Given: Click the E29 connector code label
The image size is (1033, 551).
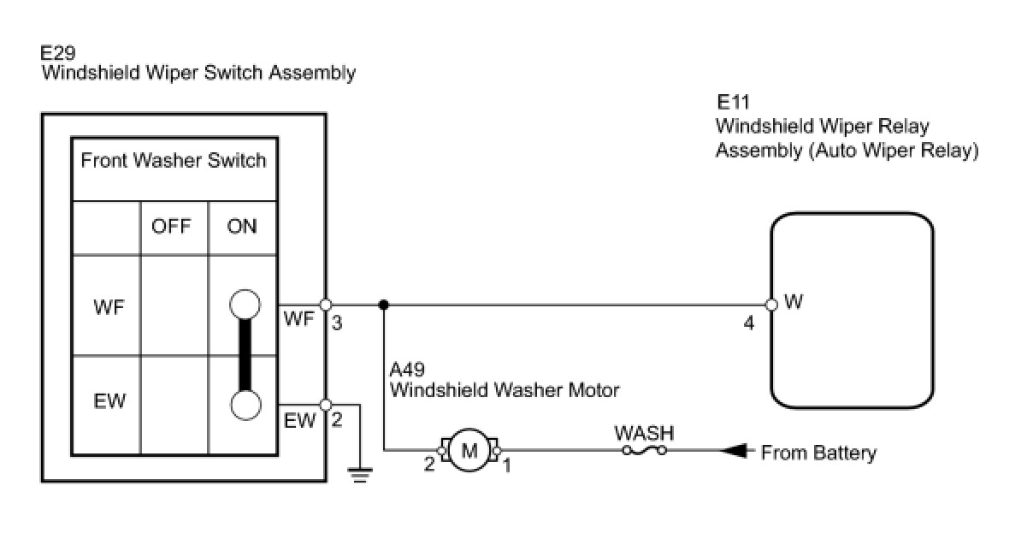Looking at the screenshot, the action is [57, 53].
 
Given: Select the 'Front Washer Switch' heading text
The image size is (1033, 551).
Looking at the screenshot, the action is [174, 161].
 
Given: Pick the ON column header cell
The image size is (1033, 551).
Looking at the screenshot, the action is [242, 227].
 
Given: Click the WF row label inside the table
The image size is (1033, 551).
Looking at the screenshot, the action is [109, 307].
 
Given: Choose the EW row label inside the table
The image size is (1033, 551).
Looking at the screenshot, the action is [109, 401].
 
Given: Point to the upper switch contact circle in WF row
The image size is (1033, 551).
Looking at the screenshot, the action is [245, 304].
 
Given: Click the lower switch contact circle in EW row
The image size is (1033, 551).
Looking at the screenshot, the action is [245, 406].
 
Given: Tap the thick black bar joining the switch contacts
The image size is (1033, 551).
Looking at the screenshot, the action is [245, 355].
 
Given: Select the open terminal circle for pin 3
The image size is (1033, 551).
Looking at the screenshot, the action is [326, 305].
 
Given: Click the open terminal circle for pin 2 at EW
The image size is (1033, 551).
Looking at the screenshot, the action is [326, 405].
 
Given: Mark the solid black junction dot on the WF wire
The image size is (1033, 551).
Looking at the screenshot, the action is [383, 305].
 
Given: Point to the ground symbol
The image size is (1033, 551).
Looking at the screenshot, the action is [360, 475].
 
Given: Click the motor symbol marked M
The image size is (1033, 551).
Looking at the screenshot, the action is [469, 450].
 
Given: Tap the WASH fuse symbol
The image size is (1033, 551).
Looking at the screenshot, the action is [644, 450].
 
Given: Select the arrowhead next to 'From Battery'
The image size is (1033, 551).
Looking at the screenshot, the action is [733, 450].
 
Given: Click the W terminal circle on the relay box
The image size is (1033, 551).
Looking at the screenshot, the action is [771, 305].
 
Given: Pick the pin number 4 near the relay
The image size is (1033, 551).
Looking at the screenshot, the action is [749, 323].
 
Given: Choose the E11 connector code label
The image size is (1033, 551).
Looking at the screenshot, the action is [733, 102].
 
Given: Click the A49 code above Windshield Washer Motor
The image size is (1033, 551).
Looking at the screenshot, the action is [407, 369].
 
